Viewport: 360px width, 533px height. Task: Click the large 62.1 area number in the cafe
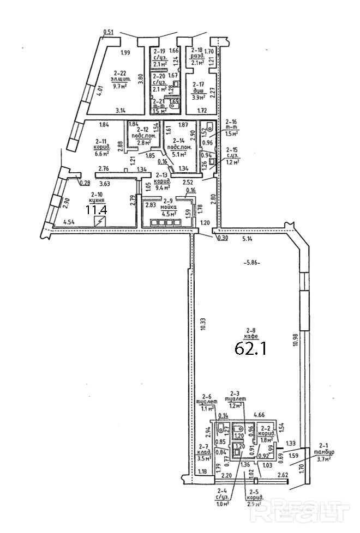(250, 347)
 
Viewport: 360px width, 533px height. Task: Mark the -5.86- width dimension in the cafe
(251, 262)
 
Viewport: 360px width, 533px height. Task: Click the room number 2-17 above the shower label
(199, 84)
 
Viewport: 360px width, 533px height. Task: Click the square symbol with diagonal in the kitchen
(100, 221)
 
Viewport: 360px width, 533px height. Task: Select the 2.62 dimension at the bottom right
(283, 476)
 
